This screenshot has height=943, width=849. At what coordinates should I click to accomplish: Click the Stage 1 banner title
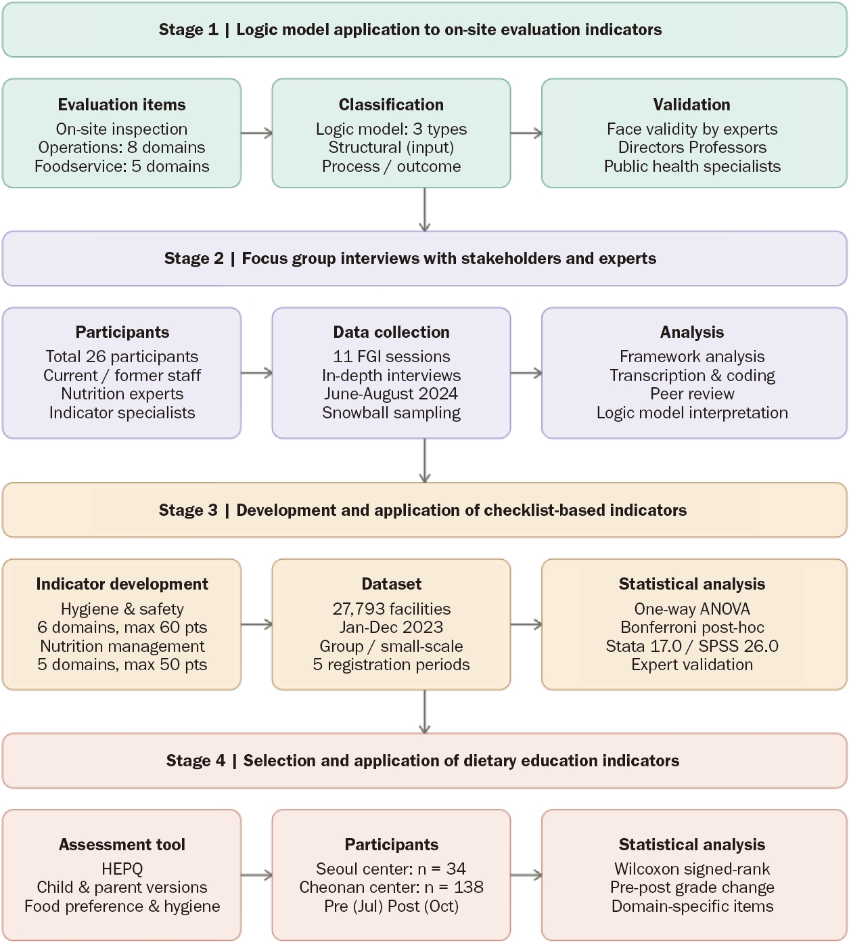point(410,30)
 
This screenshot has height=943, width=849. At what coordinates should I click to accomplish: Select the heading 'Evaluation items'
point(122,104)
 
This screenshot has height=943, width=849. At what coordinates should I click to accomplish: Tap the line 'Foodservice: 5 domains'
point(122,167)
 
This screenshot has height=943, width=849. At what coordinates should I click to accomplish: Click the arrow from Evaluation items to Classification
point(256,133)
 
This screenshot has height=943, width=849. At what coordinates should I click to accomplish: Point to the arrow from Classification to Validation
point(526,133)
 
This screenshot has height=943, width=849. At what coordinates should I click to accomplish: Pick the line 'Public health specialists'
point(692,167)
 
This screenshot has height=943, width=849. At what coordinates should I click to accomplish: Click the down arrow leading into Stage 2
point(425,210)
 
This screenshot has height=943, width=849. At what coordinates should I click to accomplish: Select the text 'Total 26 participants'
point(122,357)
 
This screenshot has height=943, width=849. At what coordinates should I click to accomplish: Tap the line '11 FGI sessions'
point(392,356)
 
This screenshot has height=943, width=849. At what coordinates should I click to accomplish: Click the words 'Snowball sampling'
point(392,413)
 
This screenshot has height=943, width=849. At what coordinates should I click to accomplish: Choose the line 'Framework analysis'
point(692,357)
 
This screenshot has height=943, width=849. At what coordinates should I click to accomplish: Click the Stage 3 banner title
point(422,510)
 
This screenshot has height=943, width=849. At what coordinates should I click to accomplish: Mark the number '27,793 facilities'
point(392,609)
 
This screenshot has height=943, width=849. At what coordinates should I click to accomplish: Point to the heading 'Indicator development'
point(122,584)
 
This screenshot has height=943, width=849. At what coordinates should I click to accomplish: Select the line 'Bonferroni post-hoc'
point(692,628)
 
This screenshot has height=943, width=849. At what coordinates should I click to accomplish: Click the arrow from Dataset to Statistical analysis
point(526,624)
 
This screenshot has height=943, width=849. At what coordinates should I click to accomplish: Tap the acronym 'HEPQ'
point(122,869)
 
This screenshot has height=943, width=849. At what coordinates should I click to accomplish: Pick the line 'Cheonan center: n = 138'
point(392,887)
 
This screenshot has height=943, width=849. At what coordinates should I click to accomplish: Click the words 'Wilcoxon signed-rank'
point(692,869)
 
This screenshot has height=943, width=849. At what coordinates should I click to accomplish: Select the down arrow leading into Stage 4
point(425,711)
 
